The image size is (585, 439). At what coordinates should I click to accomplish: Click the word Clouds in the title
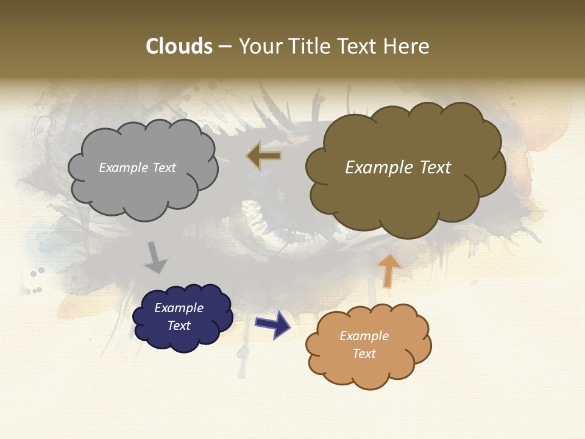[179, 46]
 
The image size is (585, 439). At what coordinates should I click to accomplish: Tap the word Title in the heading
[310, 46]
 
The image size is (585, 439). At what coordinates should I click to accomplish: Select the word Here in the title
[408, 46]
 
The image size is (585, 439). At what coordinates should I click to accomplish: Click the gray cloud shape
[143, 189]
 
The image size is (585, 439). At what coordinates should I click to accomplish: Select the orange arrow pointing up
[388, 270]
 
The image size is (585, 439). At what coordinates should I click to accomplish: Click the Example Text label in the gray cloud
[137, 168]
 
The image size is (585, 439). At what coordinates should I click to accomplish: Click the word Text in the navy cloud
[179, 326]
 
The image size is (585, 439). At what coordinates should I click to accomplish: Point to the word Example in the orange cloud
[364, 336]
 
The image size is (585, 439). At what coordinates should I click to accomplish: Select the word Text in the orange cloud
[364, 354]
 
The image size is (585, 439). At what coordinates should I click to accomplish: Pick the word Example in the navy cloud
[179, 308]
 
